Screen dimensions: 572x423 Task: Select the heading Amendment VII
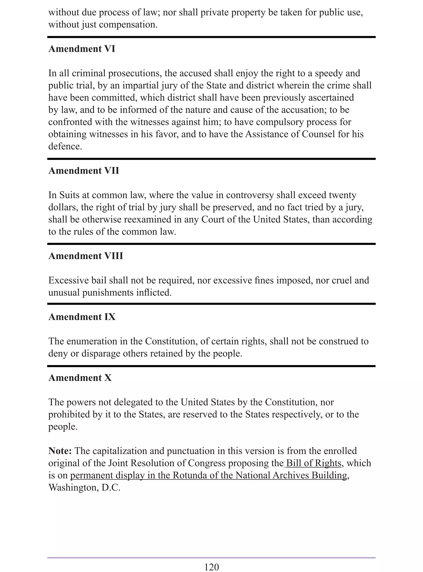click(84, 170)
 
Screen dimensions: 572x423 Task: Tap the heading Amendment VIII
click(86, 256)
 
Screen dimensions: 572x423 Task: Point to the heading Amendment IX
click(82, 317)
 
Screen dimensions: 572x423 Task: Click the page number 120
click(211, 567)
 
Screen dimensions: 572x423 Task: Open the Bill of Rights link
click(313, 463)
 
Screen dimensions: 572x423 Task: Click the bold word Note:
click(60, 451)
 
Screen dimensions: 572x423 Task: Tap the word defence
click(65, 146)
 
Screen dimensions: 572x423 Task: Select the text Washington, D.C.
click(84, 487)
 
